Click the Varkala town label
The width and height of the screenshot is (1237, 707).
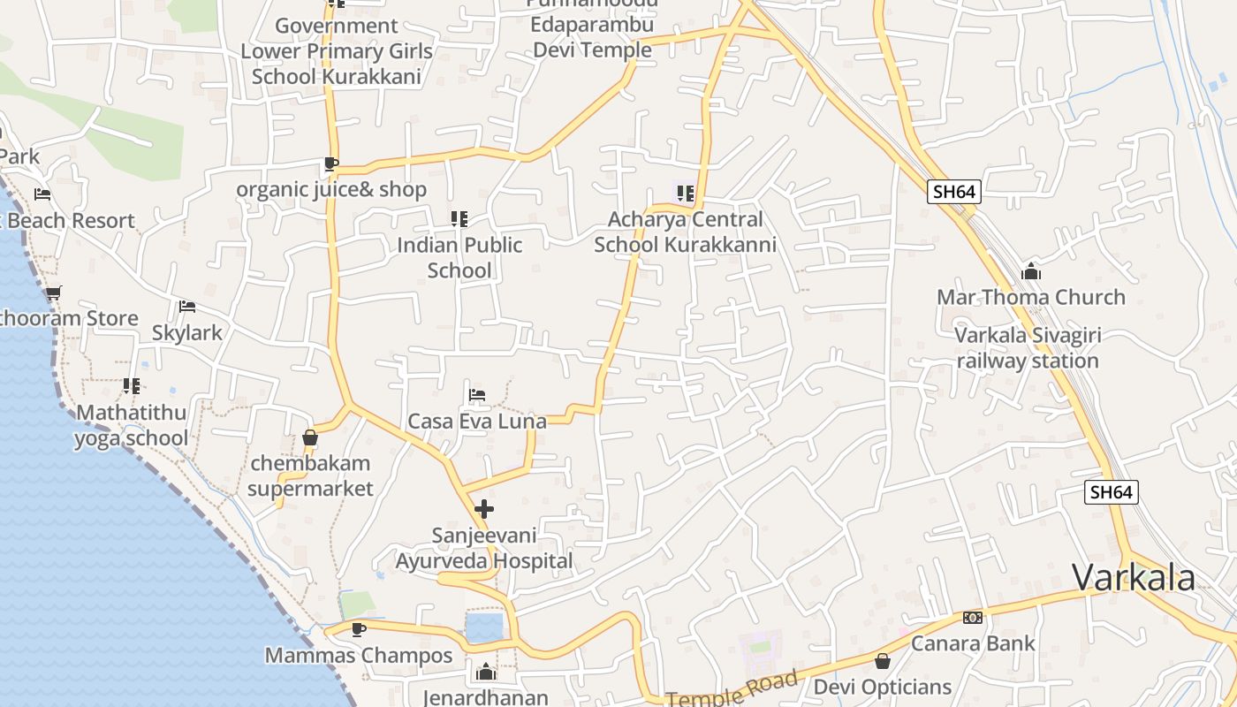(x=1134, y=578)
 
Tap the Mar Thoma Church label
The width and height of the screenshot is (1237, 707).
(x=1030, y=297)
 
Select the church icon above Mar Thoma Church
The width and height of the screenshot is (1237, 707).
(x=1030, y=271)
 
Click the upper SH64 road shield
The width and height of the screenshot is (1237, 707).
(x=954, y=192)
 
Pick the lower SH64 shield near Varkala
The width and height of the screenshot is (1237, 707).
(x=1112, y=492)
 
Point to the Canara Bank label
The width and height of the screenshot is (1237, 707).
(x=973, y=642)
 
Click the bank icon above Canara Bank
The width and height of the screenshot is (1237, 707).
(x=973, y=618)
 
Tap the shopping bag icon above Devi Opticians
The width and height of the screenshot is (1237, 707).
(x=882, y=661)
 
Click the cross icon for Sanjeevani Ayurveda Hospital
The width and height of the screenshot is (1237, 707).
(x=484, y=509)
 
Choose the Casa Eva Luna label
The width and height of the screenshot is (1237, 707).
(x=476, y=422)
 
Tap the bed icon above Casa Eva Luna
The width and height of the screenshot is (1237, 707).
(x=476, y=394)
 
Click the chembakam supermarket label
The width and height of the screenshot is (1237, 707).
(x=310, y=475)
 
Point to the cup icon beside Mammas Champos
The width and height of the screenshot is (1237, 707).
(x=358, y=629)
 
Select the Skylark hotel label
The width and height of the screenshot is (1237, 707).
(x=187, y=332)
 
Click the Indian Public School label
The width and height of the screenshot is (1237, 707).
(x=459, y=257)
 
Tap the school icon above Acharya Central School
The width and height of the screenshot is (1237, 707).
(x=685, y=193)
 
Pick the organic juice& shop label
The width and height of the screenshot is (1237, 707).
(x=331, y=189)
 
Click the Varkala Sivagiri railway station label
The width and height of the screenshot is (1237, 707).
(x=1028, y=348)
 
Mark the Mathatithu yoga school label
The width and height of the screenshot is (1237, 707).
(x=132, y=425)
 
